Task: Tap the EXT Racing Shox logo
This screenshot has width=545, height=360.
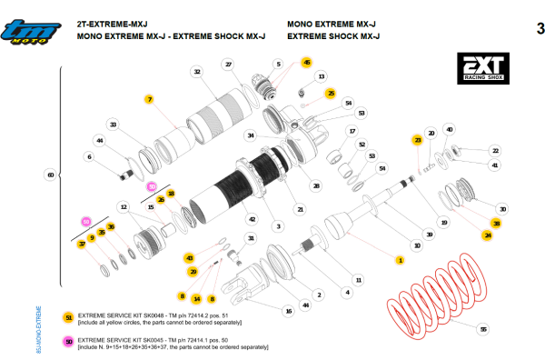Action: (483, 68)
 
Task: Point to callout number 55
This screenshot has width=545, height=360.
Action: (482, 328)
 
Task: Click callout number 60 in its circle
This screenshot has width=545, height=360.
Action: (50, 175)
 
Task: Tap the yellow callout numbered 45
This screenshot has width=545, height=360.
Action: (306, 63)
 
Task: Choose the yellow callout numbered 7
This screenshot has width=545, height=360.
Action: (148, 98)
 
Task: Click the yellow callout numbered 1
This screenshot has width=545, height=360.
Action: (398, 260)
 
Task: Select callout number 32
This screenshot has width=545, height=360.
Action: (196, 71)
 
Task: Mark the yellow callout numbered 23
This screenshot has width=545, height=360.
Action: (417, 140)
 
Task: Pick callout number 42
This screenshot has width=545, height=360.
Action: (251, 219)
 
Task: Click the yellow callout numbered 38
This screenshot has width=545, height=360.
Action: (496, 223)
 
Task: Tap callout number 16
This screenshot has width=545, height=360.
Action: (288, 311)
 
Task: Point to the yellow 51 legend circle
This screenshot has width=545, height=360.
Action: (69, 317)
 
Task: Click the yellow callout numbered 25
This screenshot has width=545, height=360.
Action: (331, 93)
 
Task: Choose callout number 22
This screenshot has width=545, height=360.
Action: (495, 150)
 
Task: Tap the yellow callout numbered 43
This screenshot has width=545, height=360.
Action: (189, 258)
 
